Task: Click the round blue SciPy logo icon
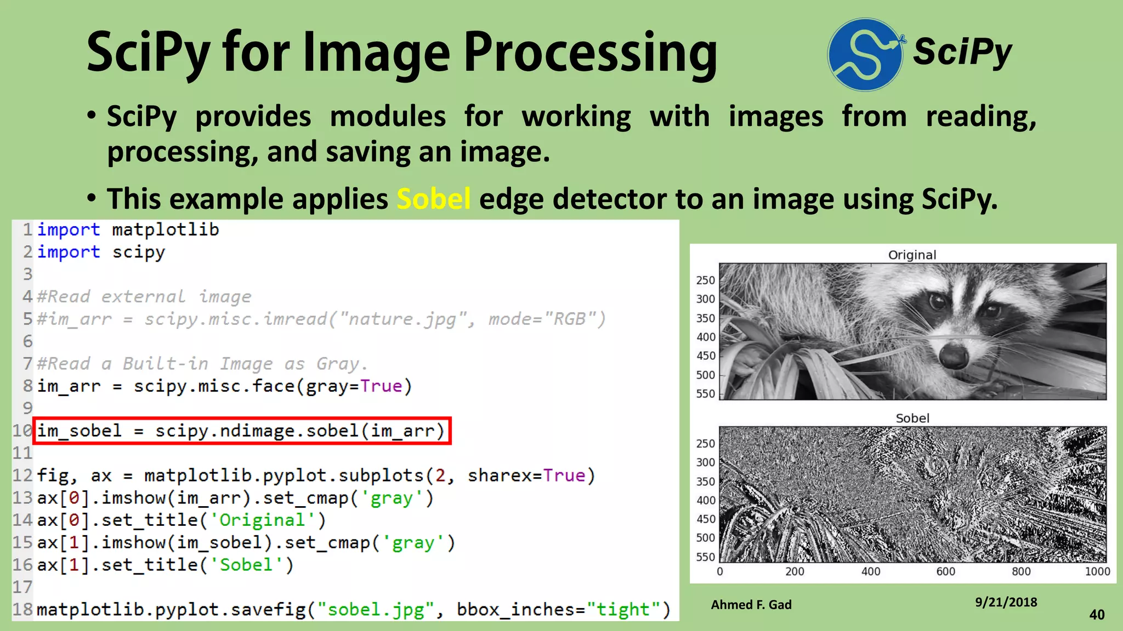tap(865, 54)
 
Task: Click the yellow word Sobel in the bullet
tap(433, 199)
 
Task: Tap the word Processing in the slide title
tap(591, 53)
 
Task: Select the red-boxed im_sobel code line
tap(241, 431)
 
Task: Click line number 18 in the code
tap(22, 610)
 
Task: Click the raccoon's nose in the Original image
tap(953, 355)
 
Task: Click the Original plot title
tap(912, 255)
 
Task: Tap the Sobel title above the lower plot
tap(912, 418)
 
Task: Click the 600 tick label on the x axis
tap(945, 572)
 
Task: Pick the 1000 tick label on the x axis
tap(1097, 572)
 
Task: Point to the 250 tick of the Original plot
tap(706, 280)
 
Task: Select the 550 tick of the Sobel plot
tap(706, 557)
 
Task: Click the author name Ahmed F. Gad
tap(751, 605)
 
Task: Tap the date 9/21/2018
tap(1006, 603)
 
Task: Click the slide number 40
tap(1097, 615)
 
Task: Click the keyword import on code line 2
tap(69, 252)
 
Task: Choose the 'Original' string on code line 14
tap(262, 520)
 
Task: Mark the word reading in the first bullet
tap(980, 117)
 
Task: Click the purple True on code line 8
tap(381, 386)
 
